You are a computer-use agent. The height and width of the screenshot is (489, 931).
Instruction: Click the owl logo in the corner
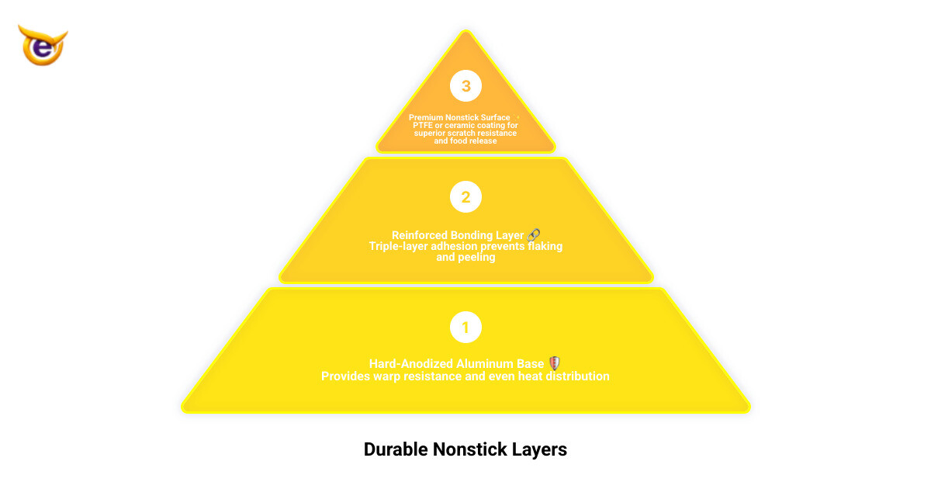point(43,45)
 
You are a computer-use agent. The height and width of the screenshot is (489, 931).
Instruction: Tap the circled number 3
point(465,85)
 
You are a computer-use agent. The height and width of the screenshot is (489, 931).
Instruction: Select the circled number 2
point(465,196)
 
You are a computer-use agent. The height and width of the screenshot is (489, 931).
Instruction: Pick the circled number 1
point(465,328)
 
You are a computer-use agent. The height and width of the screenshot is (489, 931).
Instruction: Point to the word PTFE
point(423,125)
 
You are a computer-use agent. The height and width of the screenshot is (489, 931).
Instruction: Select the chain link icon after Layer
point(534,235)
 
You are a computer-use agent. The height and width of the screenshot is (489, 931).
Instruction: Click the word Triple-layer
point(398,246)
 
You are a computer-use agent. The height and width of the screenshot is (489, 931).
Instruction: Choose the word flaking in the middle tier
point(545,246)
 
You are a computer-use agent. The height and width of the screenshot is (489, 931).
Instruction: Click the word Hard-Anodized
point(404,364)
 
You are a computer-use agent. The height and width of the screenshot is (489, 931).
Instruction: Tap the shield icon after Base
point(555,363)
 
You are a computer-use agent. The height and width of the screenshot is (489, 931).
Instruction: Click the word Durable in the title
point(396,449)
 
